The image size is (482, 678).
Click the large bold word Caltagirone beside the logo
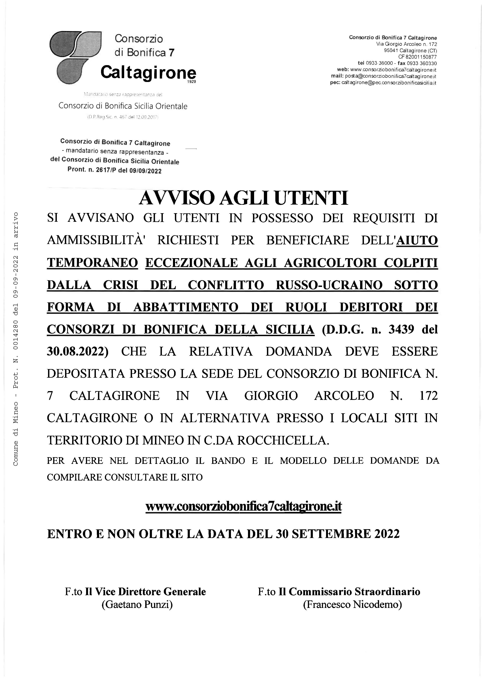pos(148,72)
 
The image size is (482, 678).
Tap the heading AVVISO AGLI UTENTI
pos(243,198)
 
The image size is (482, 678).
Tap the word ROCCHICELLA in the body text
pos(283,440)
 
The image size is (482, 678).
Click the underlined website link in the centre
pos(243,506)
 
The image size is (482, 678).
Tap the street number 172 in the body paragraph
pos(429,396)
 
